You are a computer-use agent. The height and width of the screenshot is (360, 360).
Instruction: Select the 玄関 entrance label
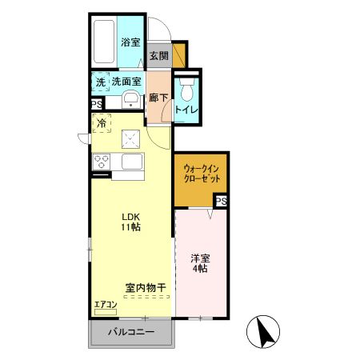(158, 56)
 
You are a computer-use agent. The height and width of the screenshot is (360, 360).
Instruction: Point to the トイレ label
(186, 109)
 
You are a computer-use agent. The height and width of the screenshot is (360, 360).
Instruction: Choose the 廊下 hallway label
(158, 98)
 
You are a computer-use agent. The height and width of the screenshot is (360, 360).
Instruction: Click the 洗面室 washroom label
(126, 82)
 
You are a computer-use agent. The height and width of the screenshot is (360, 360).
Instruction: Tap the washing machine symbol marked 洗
(101, 82)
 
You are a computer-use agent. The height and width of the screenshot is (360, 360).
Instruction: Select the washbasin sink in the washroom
(130, 100)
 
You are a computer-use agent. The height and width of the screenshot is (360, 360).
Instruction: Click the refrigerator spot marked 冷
(102, 124)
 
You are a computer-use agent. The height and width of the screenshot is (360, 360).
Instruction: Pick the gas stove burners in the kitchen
(102, 160)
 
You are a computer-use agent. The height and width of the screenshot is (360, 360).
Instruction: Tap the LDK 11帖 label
(132, 222)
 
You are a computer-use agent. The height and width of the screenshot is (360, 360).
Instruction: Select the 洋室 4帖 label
(199, 264)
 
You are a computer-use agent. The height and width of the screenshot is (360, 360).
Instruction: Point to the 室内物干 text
(145, 286)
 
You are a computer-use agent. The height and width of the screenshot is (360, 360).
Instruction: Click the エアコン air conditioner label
(106, 305)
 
